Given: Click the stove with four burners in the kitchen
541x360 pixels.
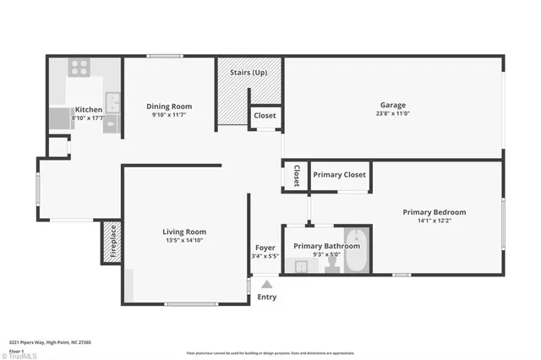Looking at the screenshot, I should [79, 67].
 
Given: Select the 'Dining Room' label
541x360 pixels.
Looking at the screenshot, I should [169, 106].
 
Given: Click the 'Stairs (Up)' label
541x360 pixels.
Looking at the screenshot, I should [249, 73].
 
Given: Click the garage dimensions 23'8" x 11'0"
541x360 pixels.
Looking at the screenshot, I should [393, 115].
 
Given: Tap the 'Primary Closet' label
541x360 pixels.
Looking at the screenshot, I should [339, 175].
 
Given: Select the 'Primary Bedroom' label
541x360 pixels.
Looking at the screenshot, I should [434, 212].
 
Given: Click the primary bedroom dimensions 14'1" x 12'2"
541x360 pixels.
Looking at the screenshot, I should [434, 221].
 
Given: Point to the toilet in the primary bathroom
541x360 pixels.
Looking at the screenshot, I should [332, 265].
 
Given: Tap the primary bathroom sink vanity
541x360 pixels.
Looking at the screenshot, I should [300, 267].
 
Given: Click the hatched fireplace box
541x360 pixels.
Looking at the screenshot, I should [111, 241].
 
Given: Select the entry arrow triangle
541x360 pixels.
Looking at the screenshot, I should [266, 286].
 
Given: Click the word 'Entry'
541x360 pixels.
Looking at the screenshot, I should [266, 297].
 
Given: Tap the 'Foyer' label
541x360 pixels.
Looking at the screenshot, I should [265, 248].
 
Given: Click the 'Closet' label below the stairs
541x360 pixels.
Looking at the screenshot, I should [265, 116].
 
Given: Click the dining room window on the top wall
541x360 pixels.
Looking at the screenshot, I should [165, 57].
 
